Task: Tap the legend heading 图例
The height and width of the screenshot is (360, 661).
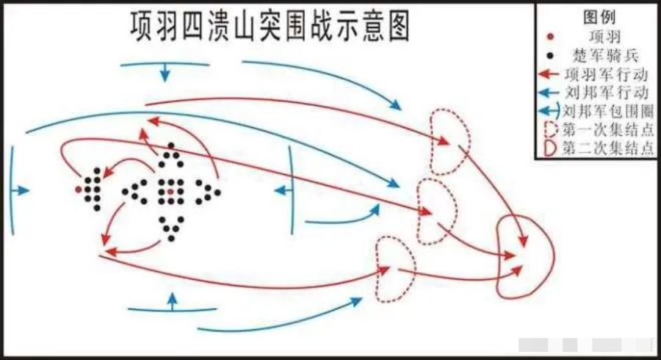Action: click(599, 18)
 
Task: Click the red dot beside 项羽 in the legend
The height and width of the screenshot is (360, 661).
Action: click(549, 37)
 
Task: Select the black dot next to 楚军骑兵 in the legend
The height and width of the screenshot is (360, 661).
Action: click(549, 56)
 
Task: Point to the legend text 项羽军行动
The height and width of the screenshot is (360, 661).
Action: click(606, 75)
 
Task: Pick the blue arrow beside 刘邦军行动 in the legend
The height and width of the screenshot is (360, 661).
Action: click(549, 93)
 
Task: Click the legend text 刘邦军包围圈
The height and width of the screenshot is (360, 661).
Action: click(608, 111)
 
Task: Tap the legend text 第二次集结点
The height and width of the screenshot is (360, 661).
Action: click(608, 148)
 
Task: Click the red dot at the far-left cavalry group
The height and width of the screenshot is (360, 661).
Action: click(79, 190)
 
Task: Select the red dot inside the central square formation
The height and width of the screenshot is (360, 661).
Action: click(170, 191)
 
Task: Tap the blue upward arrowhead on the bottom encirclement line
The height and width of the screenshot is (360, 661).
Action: click(172, 298)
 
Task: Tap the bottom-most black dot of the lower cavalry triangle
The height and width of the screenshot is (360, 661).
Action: click(171, 239)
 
